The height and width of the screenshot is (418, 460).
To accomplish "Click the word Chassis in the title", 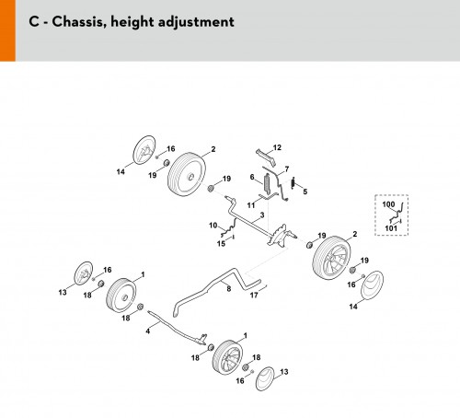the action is [x=78, y=22].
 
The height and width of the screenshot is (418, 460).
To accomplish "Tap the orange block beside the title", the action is [x=7, y=30].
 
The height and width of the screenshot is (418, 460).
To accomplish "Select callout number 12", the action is [x=277, y=147].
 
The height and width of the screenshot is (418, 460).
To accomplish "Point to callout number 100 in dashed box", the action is [x=388, y=204].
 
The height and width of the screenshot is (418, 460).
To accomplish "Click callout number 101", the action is [x=391, y=228].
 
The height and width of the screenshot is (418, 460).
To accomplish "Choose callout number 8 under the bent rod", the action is [x=229, y=289].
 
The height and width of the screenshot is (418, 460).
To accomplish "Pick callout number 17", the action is [x=254, y=296].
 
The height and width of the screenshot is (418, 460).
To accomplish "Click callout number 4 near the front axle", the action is [x=148, y=331].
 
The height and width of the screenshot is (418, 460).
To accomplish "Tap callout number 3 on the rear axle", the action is [x=262, y=215].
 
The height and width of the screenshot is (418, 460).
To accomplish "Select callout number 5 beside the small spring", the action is [x=305, y=192].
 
